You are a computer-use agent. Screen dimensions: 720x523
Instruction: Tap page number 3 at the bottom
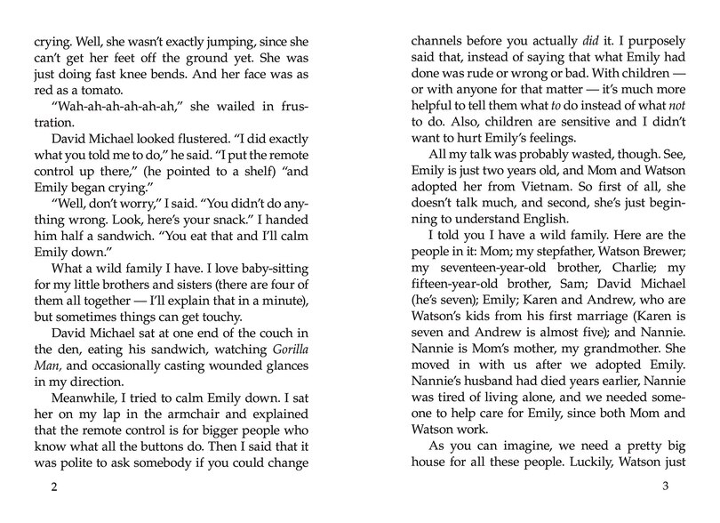(x=666, y=487)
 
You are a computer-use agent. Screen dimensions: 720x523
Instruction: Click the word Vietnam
(x=508, y=189)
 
